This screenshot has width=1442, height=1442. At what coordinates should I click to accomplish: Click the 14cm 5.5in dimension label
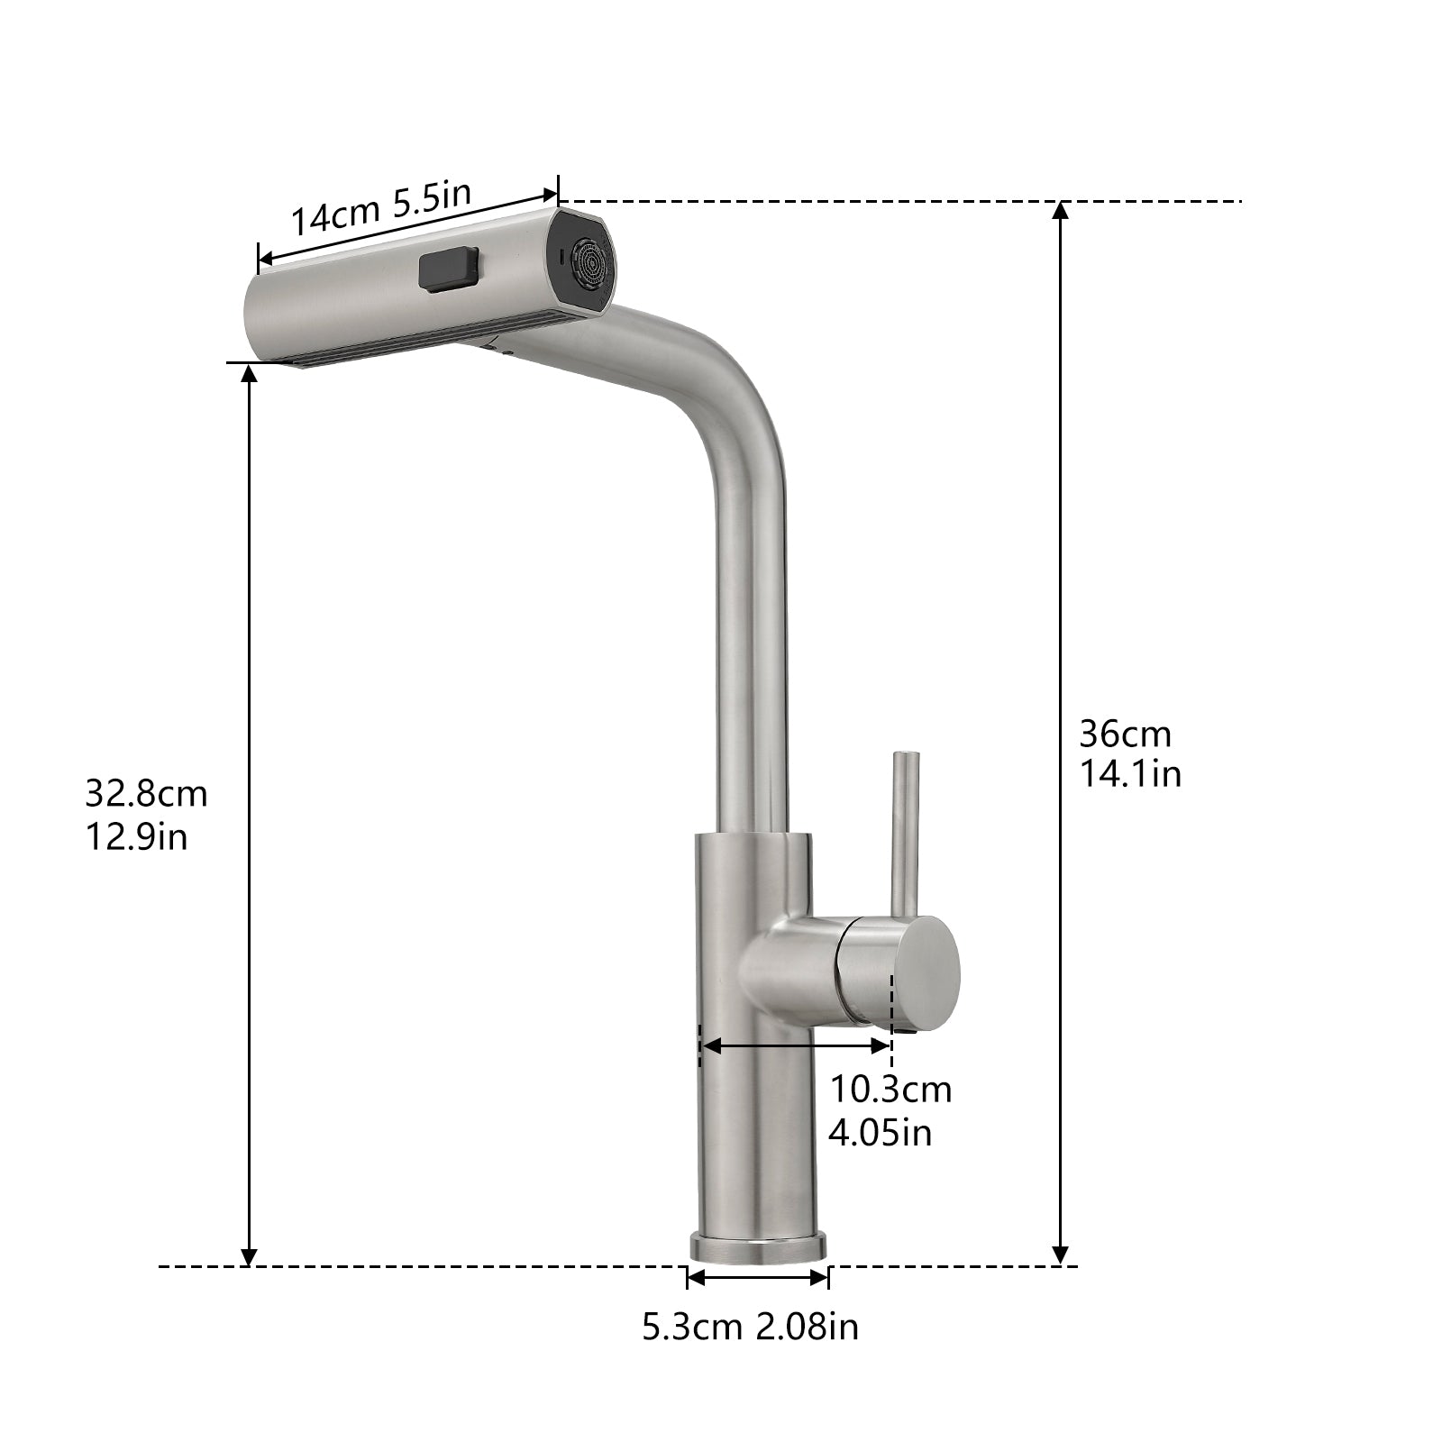pyautogui.click(x=380, y=209)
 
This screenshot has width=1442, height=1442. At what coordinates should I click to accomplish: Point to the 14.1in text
pyautogui.click(x=1130, y=774)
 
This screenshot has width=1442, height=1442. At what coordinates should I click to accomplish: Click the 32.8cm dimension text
pyautogui.click(x=146, y=794)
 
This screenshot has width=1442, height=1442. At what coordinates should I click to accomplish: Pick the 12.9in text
pyautogui.click(x=136, y=836)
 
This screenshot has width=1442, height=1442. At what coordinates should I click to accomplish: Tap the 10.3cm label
pyautogui.click(x=890, y=1090)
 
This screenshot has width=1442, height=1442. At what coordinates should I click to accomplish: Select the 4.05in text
pyautogui.click(x=880, y=1132)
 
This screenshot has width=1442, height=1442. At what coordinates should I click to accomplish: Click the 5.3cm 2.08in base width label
pyautogui.click(x=750, y=1327)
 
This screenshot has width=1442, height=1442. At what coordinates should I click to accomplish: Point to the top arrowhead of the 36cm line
pyautogui.click(x=1061, y=211)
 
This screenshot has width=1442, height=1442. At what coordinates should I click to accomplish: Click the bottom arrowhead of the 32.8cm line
pyautogui.click(x=250, y=1256)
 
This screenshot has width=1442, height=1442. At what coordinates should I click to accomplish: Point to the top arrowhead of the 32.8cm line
pyautogui.click(x=250, y=373)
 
